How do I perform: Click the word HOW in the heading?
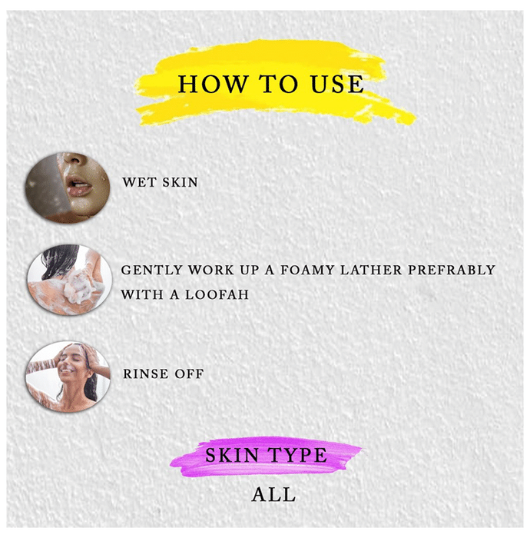click(x=213, y=84)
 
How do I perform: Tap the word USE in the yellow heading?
click(x=337, y=84)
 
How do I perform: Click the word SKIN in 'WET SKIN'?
click(x=180, y=182)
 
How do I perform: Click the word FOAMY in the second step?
click(x=307, y=270)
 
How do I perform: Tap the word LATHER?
click(x=371, y=270)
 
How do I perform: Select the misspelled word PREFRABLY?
click(x=452, y=270)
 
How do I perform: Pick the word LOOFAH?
click(x=217, y=294)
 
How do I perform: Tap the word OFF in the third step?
click(x=189, y=374)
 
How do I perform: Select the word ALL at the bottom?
click(x=273, y=495)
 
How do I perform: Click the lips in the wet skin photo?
click(x=80, y=186)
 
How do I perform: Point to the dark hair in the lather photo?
click(x=59, y=260)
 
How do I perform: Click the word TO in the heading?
click(x=278, y=84)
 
